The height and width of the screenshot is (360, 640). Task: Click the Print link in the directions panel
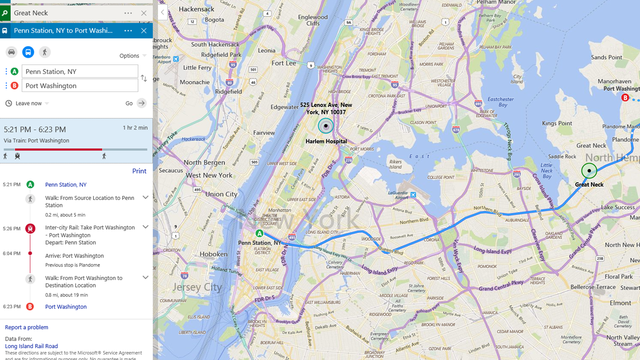(139, 171)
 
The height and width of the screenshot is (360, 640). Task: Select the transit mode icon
(28, 51)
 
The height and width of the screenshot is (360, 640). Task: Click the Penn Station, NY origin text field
(80, 72)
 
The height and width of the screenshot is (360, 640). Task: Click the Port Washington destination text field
(80, 86)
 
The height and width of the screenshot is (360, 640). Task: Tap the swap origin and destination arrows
(143, 78)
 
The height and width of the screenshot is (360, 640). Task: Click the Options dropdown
(130, 56)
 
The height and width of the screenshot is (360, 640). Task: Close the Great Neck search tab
(144, 13)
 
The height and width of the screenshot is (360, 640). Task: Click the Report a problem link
(27, 327)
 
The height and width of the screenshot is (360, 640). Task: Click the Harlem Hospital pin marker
(325, 126)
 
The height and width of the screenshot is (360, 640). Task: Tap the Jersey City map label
(188, 287)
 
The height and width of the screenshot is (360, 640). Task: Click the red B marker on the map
(626, 97)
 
